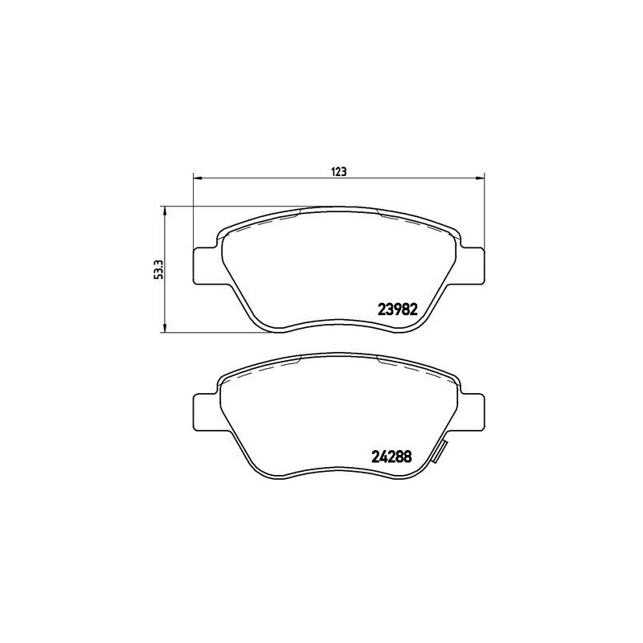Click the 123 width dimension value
pyautogui.click(x=338, y=171)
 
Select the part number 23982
pyautogui.click(x=395, y=309)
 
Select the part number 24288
pyautogui.click(x=392, y=454)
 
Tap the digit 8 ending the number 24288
pyautogui.click(x=408, y=454)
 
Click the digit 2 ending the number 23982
pyautogui.click(x=412, y=309)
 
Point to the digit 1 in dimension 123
pyautogui.click(x=333, y=171)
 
